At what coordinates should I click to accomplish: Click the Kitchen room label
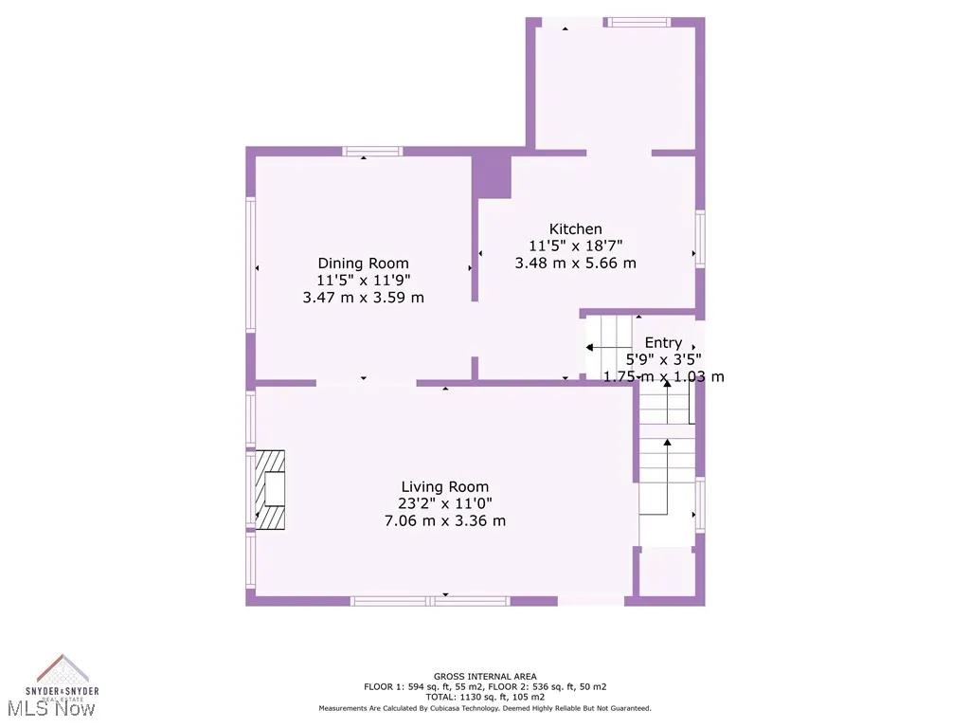click(x=575, y=228)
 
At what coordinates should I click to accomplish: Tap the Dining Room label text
click(x=363, y=264)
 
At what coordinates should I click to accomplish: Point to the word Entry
click(x=663, y=342)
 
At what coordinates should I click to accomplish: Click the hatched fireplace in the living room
click(x=272, y=489)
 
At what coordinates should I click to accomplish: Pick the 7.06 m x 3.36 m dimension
click(x=445, y=520)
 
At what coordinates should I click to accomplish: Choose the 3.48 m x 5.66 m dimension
click(x=575, y=263)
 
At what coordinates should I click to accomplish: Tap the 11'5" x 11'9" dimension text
click(x=363, y=280)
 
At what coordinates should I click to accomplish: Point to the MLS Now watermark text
click(x=57, y=708)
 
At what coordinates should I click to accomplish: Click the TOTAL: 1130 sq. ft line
click(x=485, y=697)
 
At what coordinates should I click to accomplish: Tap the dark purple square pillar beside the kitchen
click(x=492, y=176)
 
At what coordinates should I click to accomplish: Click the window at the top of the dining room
click(x=372, y=151)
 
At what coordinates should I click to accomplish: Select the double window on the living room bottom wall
click(x=430, y=600)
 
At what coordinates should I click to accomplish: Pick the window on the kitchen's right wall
click(x=700, y=239)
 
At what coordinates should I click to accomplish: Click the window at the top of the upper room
click(x=638, y=22)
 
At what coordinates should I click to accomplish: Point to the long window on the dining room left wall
click(x=251, y=264)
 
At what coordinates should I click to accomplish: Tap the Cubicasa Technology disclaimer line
click(x=485, y=708)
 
